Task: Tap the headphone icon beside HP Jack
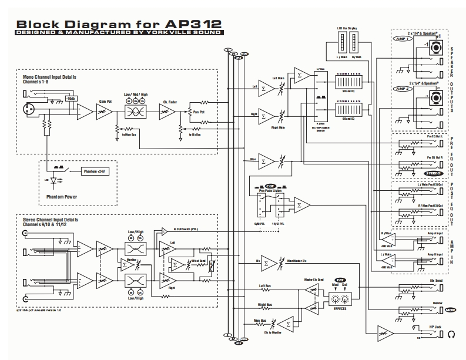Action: [x=451, y=335]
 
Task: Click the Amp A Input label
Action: [x=435, y=234]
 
